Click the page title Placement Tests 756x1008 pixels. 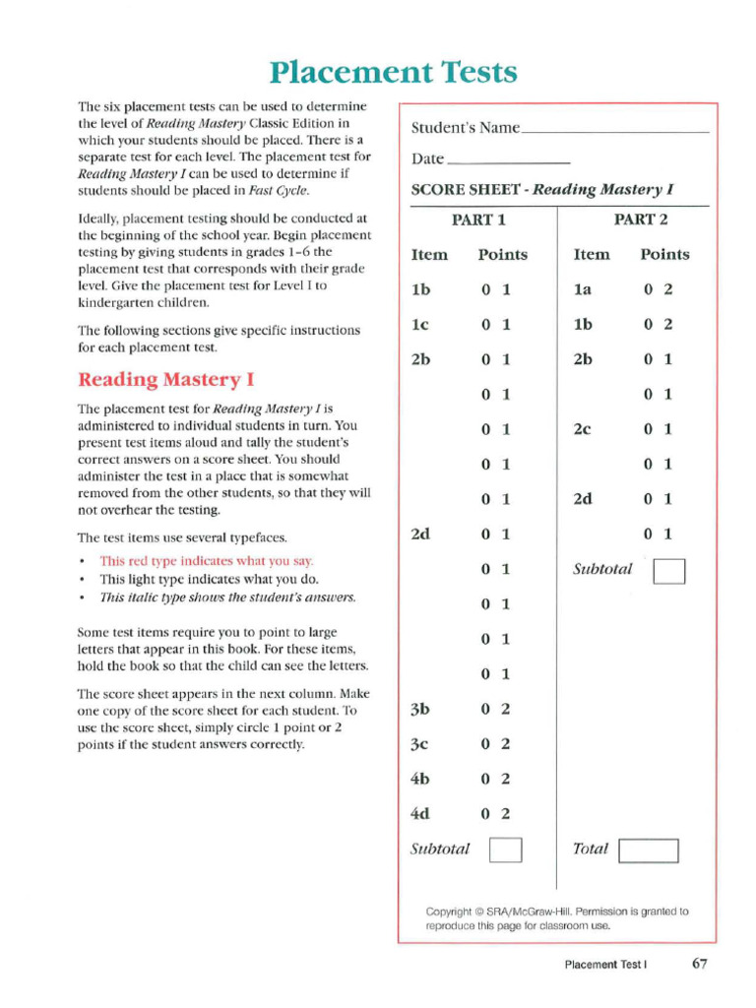click(x=393, y=72)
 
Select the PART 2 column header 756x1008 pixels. click(x=641, y=220)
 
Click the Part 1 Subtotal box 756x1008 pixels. click(x=505, y=849)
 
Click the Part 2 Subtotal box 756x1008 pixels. click(x=669, y=570)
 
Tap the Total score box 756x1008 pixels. click(x=650, y=850)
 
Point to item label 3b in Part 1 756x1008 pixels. click(x=420, y=709)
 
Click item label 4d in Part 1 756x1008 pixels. click(x=420, y=813)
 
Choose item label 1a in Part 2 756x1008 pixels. click(x=584, y=289)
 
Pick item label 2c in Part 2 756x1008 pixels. click(x=584, y=429)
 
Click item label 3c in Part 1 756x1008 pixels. click(x=420, y=744)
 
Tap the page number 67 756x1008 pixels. click(x=699, y=964)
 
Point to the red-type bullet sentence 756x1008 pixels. click(x=207, y=561)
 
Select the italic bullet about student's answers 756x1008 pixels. click(x=227, y=598)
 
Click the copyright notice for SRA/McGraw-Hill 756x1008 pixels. click(x=556, y=918)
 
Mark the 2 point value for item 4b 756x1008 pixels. click(x=505, y=779)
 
